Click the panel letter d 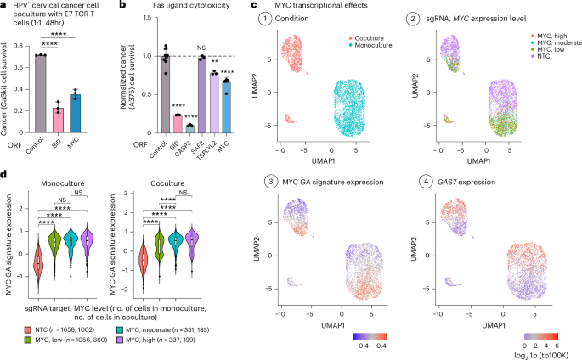click(5, 176)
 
